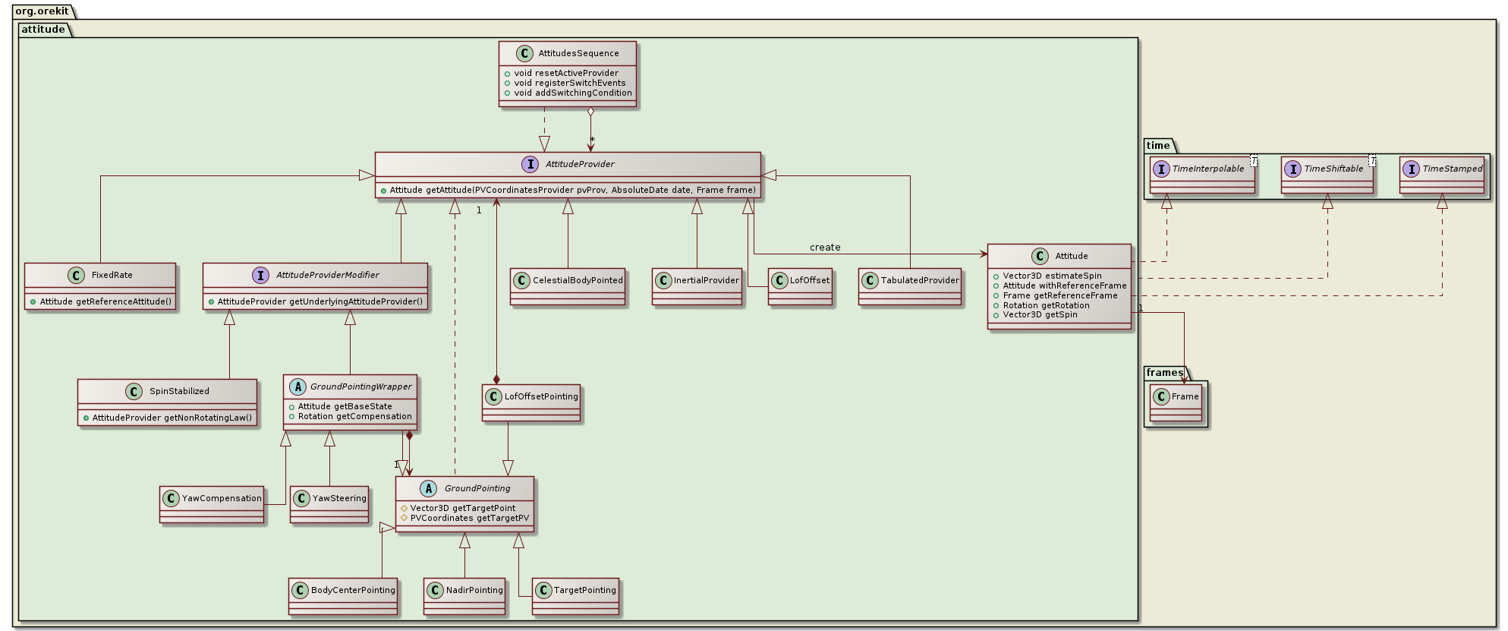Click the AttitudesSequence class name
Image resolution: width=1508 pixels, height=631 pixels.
(x=578, y=54)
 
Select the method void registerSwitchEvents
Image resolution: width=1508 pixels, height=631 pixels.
(x=569, y=84)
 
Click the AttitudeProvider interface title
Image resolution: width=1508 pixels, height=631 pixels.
(x=580, y=164)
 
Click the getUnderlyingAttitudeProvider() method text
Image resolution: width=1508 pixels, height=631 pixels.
(x=320, y=302)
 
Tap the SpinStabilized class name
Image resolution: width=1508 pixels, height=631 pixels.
(x=179, y=392)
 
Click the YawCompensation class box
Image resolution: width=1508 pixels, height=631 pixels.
(x=213, y=504)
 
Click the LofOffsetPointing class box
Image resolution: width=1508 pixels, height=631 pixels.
(x=531, y=402)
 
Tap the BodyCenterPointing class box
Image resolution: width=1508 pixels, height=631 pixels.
(x=343, y=596)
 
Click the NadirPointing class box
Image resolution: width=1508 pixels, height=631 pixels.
(x=464, y=596)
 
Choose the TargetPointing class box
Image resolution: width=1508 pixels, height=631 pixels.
(x=576, y=596)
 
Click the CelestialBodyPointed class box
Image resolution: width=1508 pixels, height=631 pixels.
(x=568, y=286)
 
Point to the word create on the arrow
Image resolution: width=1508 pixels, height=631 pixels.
(x=824, y=248)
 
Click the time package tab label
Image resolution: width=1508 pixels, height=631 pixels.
(x=1158, y=146)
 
